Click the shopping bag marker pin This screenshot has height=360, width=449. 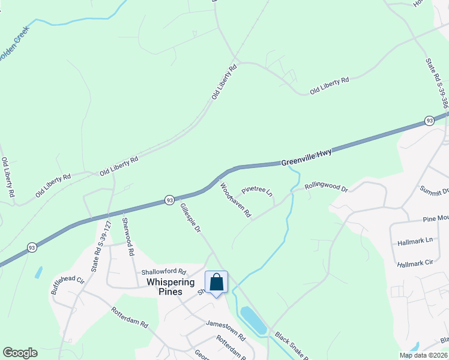216,282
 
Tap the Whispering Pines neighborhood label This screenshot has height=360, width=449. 170,287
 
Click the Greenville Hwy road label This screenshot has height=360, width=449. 306,157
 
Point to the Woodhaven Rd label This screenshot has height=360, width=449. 235,200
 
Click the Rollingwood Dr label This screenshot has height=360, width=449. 326,187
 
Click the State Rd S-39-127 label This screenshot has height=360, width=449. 101,248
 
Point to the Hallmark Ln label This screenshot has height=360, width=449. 415,242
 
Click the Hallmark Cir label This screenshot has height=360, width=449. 415,263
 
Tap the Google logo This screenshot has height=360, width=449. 20,353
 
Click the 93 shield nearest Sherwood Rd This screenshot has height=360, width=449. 170,200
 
